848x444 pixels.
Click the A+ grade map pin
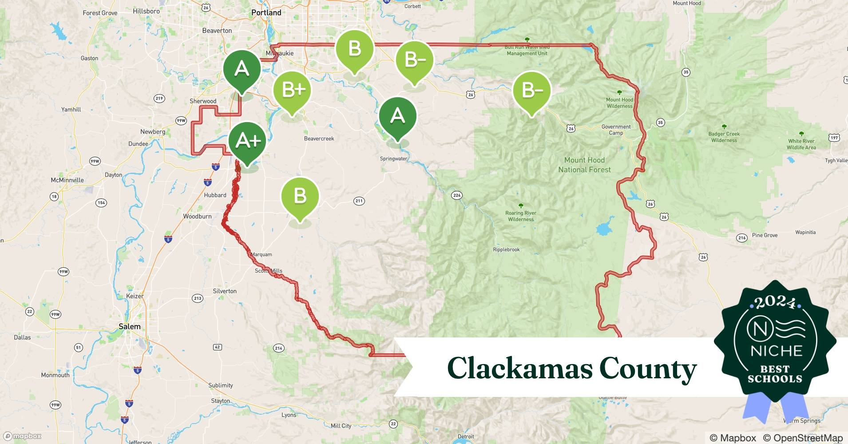coord(247,141)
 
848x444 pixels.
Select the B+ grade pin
coord(292,91)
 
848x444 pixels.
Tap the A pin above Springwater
coord(397,116)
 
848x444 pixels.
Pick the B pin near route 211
coord(300,196)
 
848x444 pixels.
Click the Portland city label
coord(266,12)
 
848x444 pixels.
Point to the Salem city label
coord(129,326)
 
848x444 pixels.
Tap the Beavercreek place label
coord(319,139)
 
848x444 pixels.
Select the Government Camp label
coord(616,130)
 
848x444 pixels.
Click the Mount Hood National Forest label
coord(584,165)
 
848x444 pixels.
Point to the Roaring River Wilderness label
coord(521,216)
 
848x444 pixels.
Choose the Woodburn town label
coord(197,216)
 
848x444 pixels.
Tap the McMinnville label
coord(67,180)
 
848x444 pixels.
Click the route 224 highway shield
coord(457,195)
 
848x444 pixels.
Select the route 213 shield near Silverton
coord(198,298)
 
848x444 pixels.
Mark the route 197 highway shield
coord(834,138)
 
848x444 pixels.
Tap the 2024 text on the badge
coord(775,302)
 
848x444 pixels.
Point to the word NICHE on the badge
coord(776,351)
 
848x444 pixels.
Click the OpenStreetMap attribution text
coord(803,438)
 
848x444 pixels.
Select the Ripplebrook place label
coord(506,250)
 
